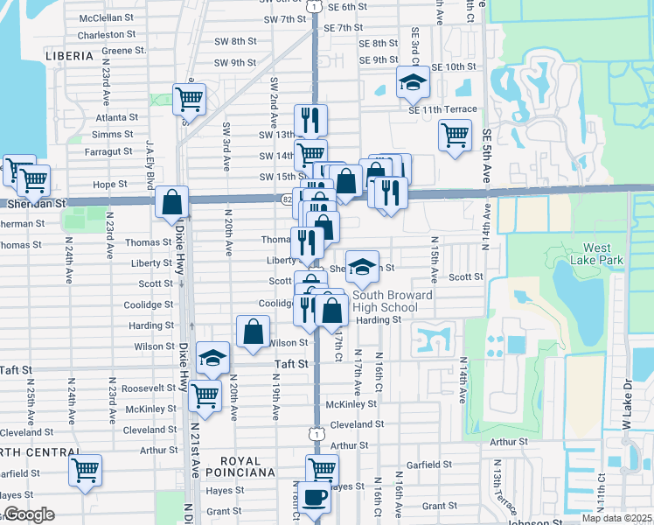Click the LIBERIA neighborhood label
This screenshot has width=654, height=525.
[67, 55]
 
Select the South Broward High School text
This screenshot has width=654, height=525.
[393, 301]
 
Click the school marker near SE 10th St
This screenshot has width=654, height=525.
[413, 82]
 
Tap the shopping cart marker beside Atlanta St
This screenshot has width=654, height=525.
[188, 99]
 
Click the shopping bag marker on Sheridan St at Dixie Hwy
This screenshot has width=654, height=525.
[172, 201]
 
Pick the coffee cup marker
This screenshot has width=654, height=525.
[314, 499]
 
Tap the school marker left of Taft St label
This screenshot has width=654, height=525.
[212, 356]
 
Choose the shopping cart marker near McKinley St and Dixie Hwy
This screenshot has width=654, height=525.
[205, 396]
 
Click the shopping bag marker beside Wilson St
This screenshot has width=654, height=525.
[253, 332]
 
